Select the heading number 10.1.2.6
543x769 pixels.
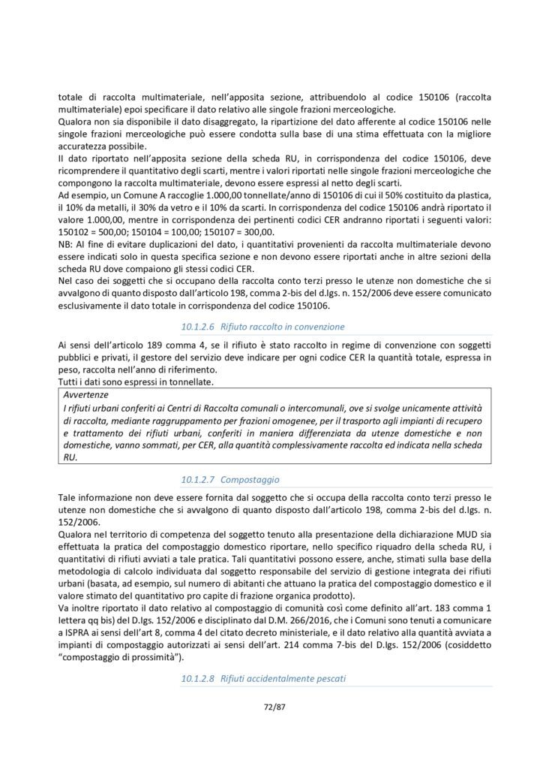coord(199,327)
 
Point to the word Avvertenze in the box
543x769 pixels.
coord(85,394)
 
